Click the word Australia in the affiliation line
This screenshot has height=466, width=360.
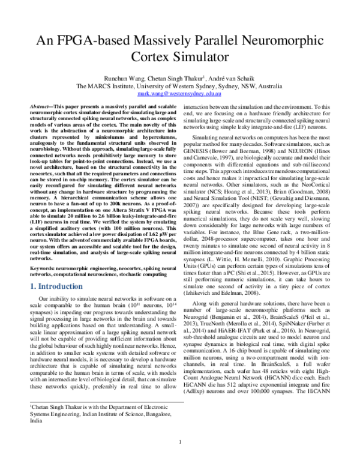click(270, 86)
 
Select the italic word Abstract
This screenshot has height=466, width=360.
click(49, 105)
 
